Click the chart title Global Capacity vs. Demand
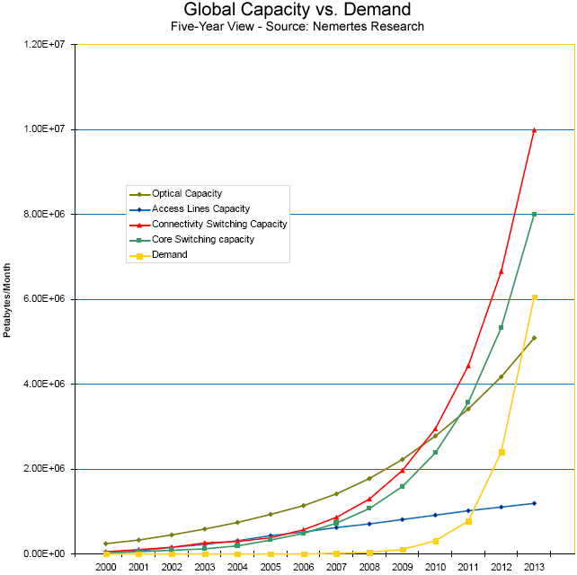tap(297, 9)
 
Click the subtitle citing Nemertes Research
tap(297, 26)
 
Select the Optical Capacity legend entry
tap(176, 193)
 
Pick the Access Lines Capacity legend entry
tap(190, 209)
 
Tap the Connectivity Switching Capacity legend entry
tap(209, 224)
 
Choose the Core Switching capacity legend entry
tap(191, 240)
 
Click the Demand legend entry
tap(158, 254)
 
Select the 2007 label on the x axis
tap(336, 567)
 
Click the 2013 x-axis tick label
tap(534, 567)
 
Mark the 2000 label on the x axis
tap(106, 567)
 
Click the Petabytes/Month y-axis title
tap(7, 300)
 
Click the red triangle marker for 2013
tap(535, 130)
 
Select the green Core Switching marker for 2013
tap(535, 214)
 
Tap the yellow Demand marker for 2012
tap(502, 452)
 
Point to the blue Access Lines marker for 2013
tap(535, 503)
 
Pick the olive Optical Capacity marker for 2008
tap(369, 479)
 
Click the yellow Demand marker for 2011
tap(468, 521)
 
